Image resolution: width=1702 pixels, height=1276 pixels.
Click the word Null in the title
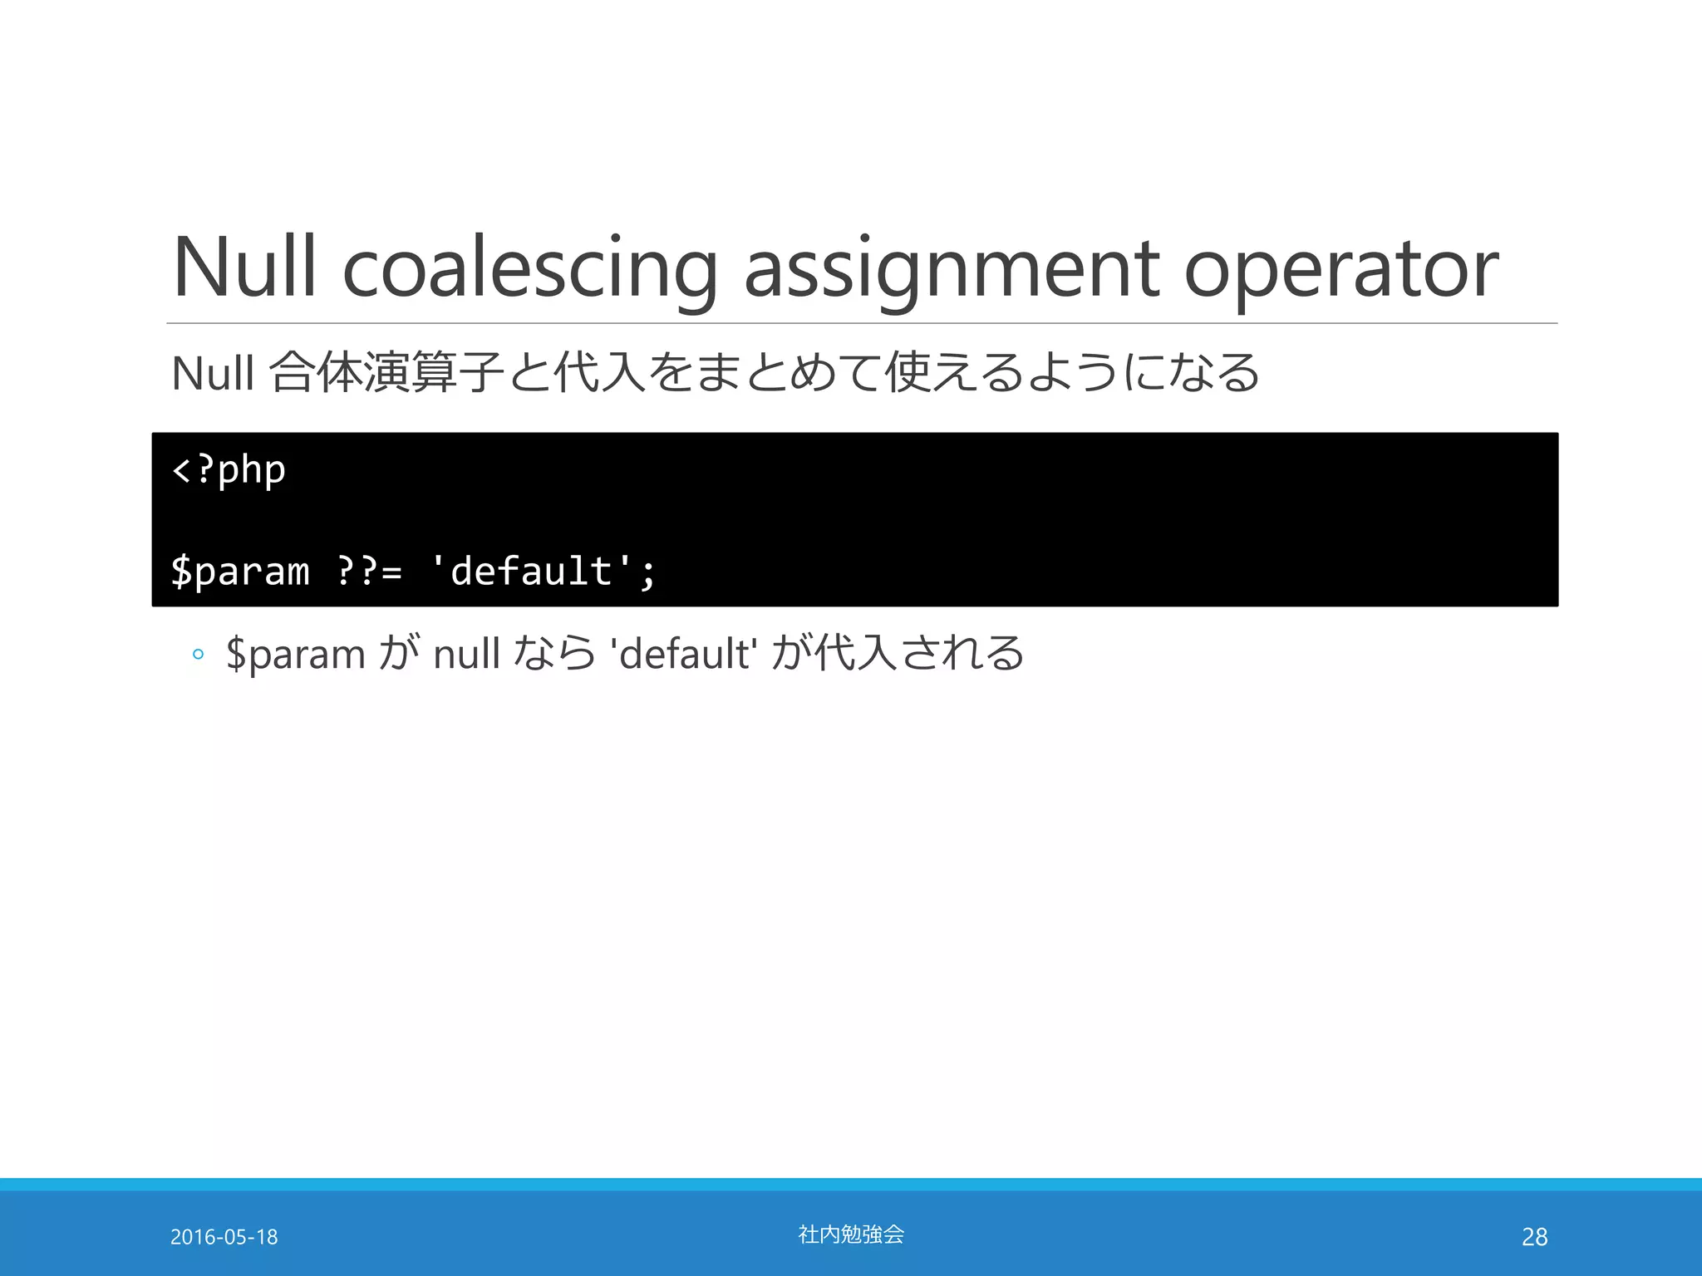coord(244,267)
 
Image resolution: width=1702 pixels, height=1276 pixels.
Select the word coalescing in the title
coord(530,267)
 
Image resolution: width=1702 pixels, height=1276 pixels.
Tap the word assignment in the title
coord(951,267)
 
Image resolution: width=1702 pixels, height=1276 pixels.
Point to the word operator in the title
coord(1340,267)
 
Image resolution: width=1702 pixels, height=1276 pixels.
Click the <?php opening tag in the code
coord(229,471)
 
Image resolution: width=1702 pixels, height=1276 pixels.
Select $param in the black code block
coord(240,572)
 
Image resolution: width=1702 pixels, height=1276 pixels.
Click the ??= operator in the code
coord(370,572)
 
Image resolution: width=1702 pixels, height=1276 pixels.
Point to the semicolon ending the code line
coord(648,573)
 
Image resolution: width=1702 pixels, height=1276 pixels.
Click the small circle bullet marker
coord(198,655)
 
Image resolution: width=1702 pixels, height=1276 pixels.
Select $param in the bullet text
coord(296,655)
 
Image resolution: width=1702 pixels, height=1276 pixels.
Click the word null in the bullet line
coord(466,653)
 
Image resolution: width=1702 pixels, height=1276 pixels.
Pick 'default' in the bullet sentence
coord(683,653)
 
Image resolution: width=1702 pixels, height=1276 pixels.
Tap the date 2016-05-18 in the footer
coord(224,1237)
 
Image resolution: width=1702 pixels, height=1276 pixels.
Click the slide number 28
coord(1534,1237)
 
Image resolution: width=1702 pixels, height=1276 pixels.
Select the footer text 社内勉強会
coord(851,1234)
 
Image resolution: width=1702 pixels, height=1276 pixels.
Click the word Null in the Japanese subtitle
coord(212,373)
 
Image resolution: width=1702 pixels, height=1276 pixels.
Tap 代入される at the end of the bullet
coord(919,653)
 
